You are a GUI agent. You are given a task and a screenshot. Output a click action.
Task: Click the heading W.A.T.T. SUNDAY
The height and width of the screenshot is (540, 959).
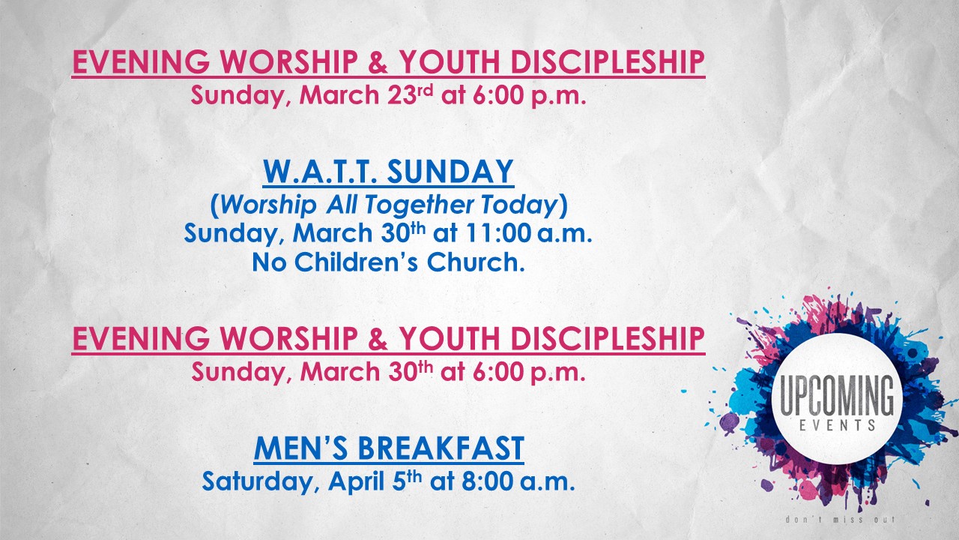coord(388,172)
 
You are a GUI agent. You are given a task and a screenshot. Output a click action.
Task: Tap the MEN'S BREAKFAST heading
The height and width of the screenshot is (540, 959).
coord(389,448)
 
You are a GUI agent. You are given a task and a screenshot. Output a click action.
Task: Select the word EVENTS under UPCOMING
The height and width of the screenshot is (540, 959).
coord(837,425)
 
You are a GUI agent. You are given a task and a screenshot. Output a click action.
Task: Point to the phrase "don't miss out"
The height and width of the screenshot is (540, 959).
coord(840,520)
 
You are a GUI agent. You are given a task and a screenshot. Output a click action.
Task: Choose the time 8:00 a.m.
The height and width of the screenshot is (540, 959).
coord(518,481)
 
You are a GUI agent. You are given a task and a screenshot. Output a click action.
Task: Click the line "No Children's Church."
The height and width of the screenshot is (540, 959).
coord(388,262)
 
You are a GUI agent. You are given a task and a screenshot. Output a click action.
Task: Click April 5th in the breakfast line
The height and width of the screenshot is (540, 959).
coord(375,481)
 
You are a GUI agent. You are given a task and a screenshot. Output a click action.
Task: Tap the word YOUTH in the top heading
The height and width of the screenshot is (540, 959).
coord(450,62)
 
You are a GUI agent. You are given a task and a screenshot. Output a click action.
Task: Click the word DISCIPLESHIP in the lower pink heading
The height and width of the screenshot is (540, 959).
coord(608,338)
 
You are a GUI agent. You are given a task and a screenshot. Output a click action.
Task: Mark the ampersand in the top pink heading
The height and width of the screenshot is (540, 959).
coord(378,62)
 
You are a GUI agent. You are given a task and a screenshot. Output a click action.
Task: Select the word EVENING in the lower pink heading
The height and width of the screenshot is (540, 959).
coord(142,338)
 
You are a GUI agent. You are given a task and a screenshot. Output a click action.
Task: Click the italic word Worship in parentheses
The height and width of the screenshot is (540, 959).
coord(268,205)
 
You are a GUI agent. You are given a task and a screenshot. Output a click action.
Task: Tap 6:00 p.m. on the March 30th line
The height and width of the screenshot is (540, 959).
coord(529,371)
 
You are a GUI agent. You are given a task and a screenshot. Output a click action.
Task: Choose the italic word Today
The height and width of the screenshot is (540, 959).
coord(519,205)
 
